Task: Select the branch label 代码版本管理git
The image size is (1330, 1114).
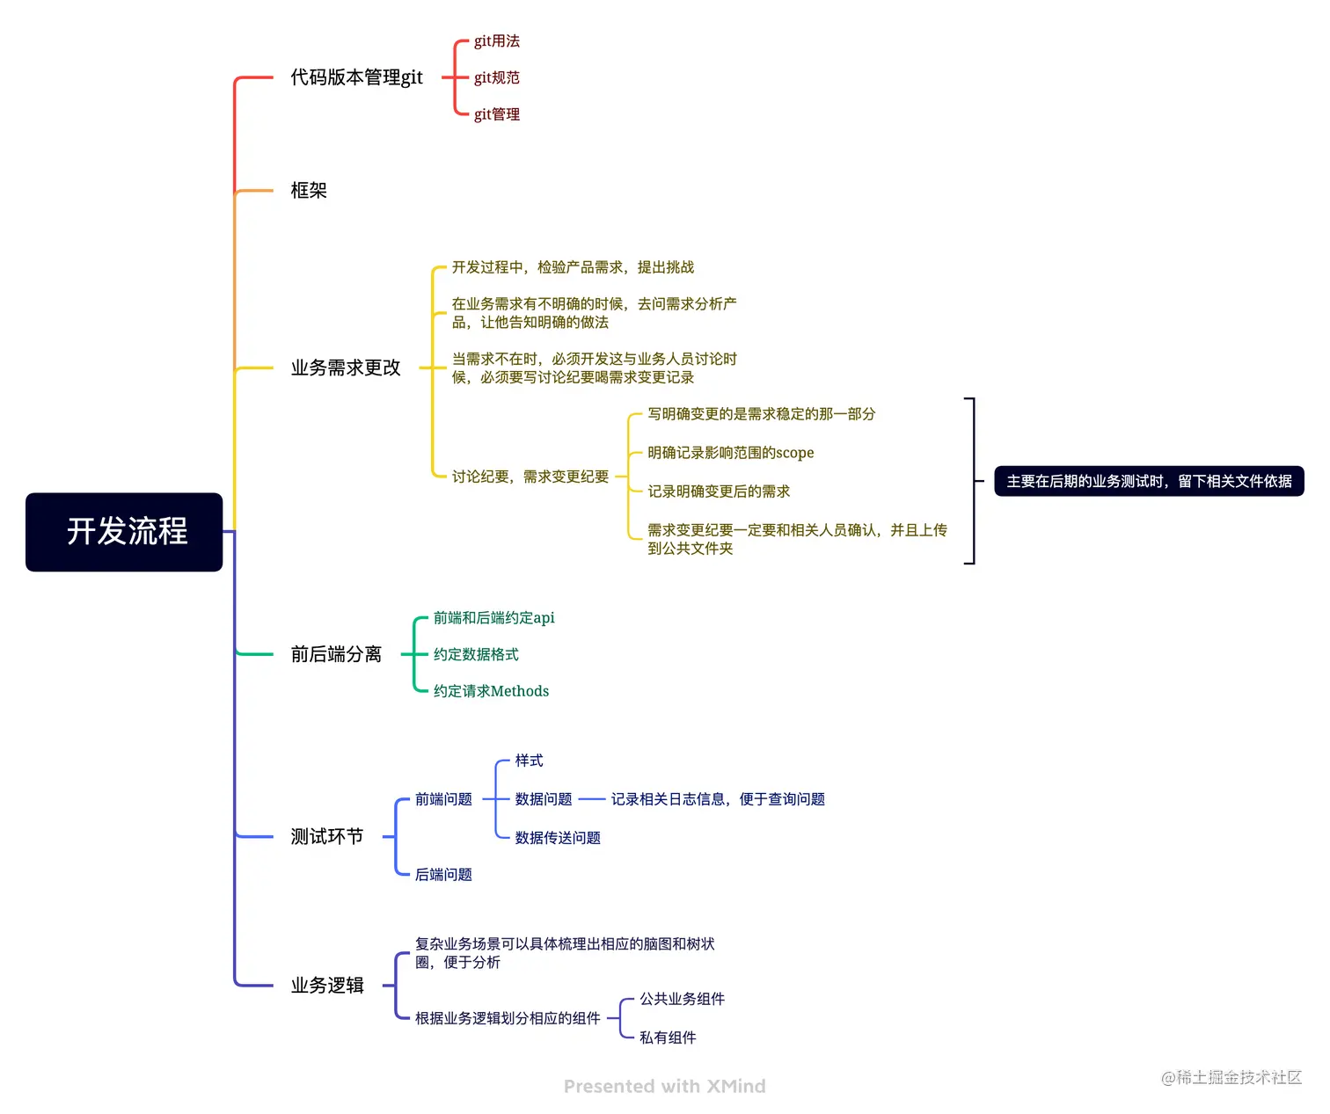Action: click(356, 77)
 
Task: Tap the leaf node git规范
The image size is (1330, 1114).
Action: click(496, 77)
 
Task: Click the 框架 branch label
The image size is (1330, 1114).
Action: click(309, 190)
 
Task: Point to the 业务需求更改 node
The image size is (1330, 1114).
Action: click(346, 368)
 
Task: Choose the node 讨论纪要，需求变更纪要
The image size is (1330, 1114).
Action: click(530, 477)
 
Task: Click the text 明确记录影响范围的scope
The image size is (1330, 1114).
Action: click(730, 453)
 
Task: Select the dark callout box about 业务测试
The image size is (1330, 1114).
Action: click(1148, 481)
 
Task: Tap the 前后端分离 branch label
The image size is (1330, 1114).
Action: click(336, 654)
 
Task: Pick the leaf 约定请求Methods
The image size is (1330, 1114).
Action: click(491, 691)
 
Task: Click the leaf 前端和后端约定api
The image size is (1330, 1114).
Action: click(493, 618)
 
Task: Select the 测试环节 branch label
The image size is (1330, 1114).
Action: click(327, 836)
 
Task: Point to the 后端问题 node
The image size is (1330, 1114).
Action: click(443, 874)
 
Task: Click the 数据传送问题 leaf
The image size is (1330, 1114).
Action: click(558, 838)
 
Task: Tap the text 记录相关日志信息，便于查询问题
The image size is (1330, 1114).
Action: click(718, 799)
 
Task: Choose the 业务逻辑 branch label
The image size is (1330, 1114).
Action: click(327, 985)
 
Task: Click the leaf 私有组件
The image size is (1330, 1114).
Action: click(668, 1038)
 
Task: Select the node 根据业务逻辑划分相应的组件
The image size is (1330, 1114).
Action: click(508, 1018)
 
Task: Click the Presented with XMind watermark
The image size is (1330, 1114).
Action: click(664, 1087)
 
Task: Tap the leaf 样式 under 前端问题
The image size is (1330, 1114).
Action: click(529, 761)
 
